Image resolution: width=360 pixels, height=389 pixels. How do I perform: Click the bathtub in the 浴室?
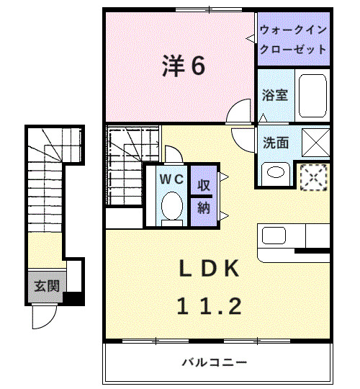(x=312, y=94)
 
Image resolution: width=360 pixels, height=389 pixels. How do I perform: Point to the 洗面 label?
(x=275, y=142)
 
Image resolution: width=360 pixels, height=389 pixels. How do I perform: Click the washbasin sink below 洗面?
(x=274, y=172)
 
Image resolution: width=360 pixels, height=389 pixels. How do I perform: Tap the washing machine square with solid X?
(x=315, y=140)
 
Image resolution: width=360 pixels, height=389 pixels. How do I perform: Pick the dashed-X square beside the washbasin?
(x=314, y=176)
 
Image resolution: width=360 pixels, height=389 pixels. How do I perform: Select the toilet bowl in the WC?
(x=171, y=207)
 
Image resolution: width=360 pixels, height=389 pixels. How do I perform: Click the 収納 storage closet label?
(x=204, y=196)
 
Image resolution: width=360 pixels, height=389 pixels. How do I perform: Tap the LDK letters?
(x=208, y=269)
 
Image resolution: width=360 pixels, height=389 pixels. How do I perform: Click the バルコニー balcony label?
(x=214, y=362)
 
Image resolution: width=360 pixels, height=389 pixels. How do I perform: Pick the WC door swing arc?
(x=174, y=153)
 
